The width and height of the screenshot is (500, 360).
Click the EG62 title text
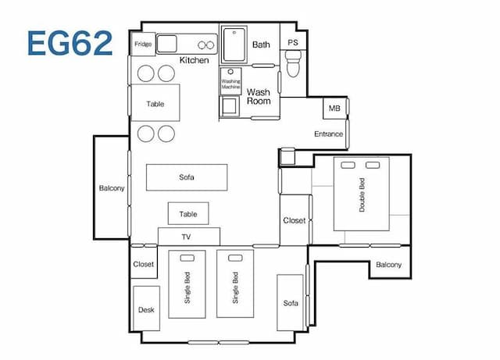click(x=70, y=43)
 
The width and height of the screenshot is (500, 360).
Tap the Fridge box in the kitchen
click(x=143, y=44)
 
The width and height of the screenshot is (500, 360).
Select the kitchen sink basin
click(x=166, y=44)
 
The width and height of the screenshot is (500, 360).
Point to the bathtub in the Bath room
click(x=234, y=45)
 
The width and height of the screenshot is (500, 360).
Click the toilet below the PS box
click(x=293, y=64)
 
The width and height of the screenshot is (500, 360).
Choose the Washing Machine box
click(x=230, y=81)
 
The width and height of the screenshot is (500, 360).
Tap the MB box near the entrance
click(x=335, y=109)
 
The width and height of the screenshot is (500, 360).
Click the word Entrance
click(x=328, y=134)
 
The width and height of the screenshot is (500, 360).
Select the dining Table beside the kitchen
click(x=155, y=102)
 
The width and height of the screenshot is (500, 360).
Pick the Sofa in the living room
click(x=187, y=177)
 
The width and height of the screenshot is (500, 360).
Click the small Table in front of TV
click(x=188, y=213)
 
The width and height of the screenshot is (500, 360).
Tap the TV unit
click(x=189, y=237)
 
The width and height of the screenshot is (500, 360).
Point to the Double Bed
click(x=362, y=194)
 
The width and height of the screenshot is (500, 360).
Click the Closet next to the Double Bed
click(x=295, y=220)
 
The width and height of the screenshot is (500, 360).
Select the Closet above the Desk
click(x=144, y=263)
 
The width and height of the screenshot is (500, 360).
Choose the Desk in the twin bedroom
click(x=146, y=308)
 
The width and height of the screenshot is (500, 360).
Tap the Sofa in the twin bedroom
click(x=290, y=303)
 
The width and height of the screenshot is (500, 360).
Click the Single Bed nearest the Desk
click(x=187, y=284)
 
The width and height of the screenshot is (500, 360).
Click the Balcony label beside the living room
click(x=112, y=188)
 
